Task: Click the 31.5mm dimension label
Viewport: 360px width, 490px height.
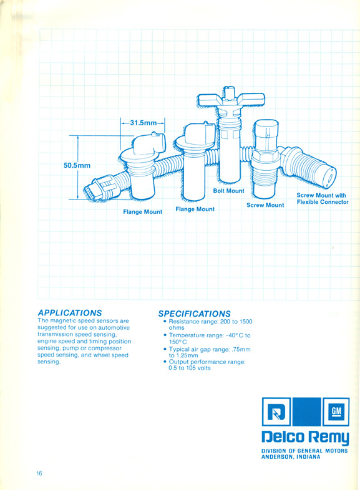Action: pos(144,122)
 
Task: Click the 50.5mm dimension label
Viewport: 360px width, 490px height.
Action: pos(77,165)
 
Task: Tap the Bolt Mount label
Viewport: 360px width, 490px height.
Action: pos(228,191)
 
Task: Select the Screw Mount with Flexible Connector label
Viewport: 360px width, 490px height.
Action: pos(323,199)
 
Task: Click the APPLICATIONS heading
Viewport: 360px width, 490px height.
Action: pos(70,313)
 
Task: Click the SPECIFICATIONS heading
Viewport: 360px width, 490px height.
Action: pos(194,314)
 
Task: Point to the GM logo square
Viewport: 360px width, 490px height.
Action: pos(336,411)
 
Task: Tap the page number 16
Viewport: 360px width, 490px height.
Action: pos(39,473)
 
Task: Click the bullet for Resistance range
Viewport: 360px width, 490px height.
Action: pos(165,321)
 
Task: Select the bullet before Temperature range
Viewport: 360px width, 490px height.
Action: pos(165,335)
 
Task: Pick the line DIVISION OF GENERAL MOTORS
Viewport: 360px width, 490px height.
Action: pos(304,451)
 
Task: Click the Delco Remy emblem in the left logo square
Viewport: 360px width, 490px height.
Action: pos(276,412)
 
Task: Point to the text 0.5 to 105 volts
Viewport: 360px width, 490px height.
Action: pos(190,368)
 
